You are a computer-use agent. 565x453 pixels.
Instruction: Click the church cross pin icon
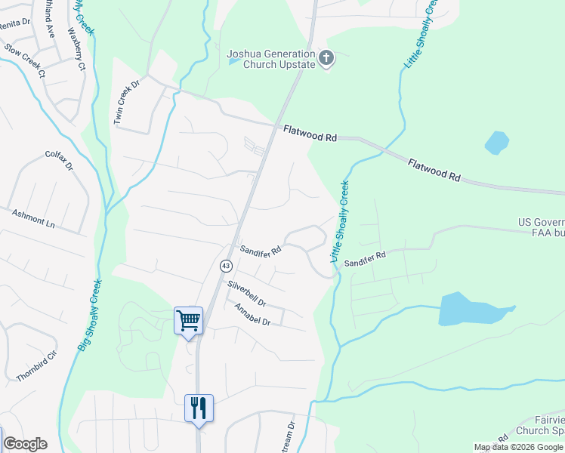click(326, 58)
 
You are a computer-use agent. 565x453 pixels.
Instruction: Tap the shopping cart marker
click(188, 321)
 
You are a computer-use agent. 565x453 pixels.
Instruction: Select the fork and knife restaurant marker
click(199, 408)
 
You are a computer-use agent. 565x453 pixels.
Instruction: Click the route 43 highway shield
click(226, 266)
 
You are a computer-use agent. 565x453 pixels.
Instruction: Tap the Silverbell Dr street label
click(247, 294)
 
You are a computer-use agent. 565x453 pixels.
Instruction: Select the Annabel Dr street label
click(252, 315)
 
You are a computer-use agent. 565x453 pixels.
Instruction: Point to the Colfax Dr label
click(59, 159)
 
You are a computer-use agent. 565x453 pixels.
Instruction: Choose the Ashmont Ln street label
click(34, 219)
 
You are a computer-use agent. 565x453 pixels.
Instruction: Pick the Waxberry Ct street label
click(79, 50)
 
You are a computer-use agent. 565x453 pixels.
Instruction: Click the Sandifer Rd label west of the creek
click(261, 248)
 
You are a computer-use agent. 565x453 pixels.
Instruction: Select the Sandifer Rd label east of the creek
click(365, 259)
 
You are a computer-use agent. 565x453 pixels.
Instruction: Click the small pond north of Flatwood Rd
click(496, 142)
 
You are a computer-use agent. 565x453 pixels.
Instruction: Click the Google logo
click(25, 444)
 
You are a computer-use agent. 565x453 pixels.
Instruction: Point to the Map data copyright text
click(518, 447)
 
